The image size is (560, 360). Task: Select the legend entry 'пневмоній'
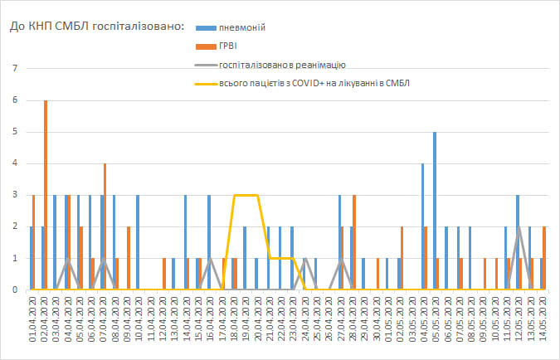pos(241,27)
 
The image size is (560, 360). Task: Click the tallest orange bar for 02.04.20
pos(46,195)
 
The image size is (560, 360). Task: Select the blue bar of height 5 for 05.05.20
pos(434,211)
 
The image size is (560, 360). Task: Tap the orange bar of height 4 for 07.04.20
pos(105,226)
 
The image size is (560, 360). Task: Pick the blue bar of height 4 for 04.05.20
pos(422,226)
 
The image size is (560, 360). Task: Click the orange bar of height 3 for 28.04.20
pos(354,242)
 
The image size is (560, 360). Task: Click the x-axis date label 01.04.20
pos(32,324)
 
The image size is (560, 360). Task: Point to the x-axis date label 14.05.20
pos(542,324)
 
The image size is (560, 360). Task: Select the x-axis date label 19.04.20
pos(246,324)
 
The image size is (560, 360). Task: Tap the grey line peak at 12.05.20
pos(519,227)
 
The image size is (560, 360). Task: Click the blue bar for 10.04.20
pos(138,242)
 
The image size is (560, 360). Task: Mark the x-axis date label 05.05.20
pos(436,324)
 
